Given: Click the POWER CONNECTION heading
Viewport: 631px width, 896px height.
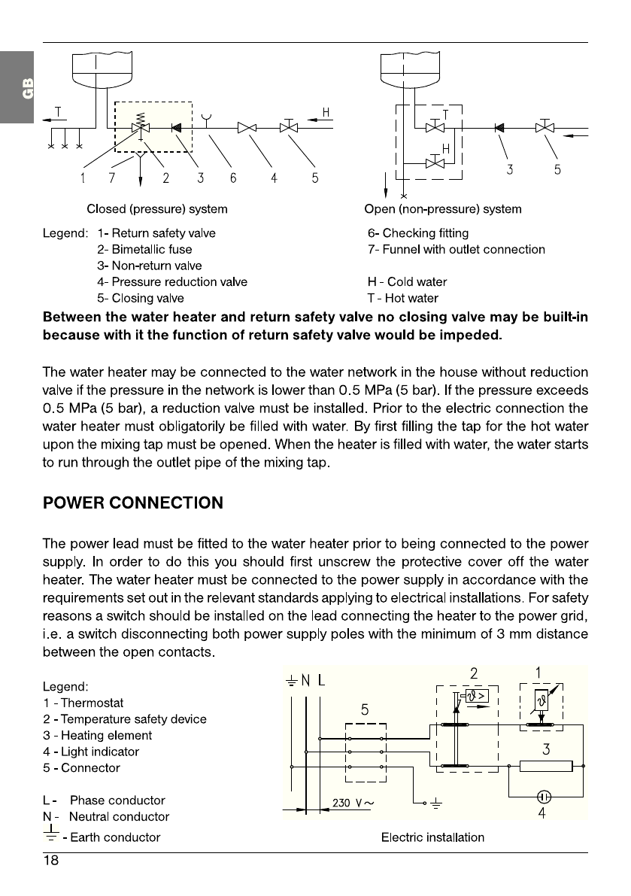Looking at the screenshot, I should point(133,503).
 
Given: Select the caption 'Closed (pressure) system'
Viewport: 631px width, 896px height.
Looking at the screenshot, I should point(156,208).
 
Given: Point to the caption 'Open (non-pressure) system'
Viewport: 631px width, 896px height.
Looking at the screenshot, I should point(442,208).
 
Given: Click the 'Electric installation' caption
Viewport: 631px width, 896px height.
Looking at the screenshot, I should point(432,837).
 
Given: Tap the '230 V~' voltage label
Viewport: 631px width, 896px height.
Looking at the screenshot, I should point(353,802).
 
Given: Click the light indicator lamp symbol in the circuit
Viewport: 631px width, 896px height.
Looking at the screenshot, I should point(542,796).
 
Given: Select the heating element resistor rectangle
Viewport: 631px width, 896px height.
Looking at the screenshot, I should point(547,766).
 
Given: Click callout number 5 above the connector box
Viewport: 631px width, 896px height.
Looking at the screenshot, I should point(365,709).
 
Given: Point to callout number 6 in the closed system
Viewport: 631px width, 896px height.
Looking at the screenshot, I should point(233,178).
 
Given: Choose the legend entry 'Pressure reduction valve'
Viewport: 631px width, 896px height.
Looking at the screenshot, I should point(172,282).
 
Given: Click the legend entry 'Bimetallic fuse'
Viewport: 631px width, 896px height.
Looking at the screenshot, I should point(144,249).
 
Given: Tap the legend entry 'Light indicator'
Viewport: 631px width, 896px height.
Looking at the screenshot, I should point(91,752).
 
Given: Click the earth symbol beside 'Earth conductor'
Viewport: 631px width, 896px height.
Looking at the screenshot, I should point(51,834).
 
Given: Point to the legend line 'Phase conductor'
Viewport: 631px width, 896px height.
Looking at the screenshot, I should point(105,800).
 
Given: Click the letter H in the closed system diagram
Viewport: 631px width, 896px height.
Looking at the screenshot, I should point(326,113).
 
